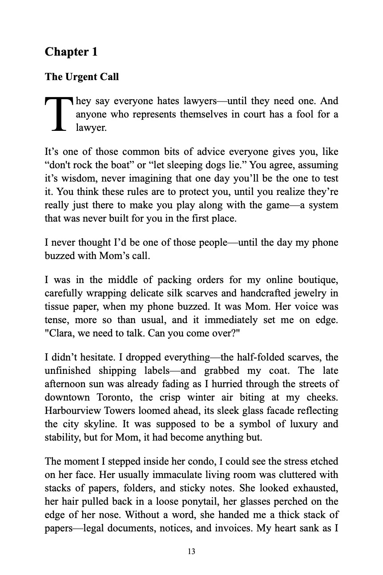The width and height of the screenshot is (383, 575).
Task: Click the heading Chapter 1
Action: [71, 52]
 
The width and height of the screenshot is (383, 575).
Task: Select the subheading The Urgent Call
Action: [82, 77]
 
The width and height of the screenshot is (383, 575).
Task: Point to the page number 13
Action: [191, 551]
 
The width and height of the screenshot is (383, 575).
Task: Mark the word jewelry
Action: [308, 293]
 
